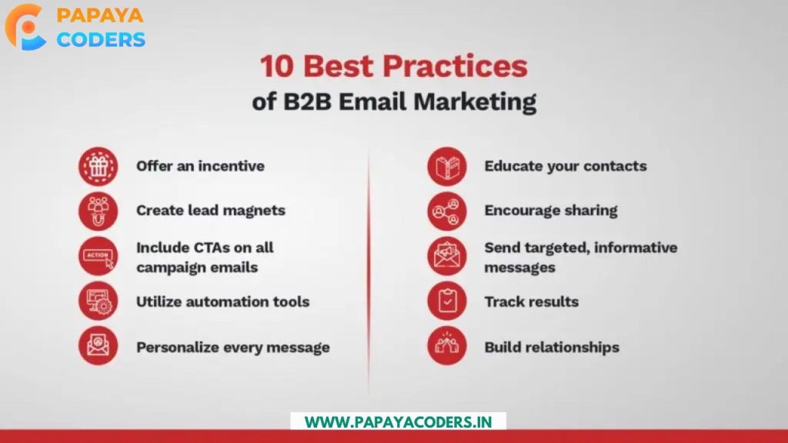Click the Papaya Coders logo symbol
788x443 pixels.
coord(25,27)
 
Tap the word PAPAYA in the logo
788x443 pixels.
coord(100,15)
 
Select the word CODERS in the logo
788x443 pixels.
coord(101,40)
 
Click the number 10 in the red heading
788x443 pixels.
coord(277,67)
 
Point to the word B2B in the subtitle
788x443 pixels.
coord(307,102)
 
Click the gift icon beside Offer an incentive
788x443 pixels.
coord(98,166)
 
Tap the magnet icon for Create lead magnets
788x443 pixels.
coord(98,211)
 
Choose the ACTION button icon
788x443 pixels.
coord(98,256)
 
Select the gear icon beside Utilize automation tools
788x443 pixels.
coord(98,301)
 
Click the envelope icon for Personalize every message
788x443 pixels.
coord(98,345)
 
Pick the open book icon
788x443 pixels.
coord(447,166)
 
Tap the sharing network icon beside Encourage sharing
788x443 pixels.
coord(447,211)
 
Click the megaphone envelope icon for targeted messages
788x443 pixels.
coord(447,256)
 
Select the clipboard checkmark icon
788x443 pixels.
coord(447,301)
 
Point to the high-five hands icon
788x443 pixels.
coord(447,345)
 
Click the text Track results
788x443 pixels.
coord(531,301)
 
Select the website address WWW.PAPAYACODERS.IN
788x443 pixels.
coord(398,422)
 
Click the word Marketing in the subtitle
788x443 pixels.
coord(474,102)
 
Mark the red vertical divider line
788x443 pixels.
coord(369,271)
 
